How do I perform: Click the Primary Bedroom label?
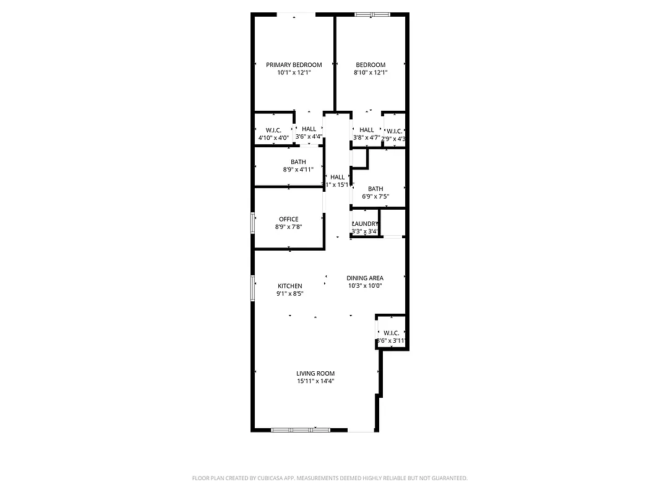(294, 65)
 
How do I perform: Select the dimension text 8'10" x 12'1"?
(371, 72)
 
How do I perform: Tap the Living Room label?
(315, 373)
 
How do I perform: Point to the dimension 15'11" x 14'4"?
(315, 381)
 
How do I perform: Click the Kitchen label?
(289, 286)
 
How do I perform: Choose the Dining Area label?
(365, 278)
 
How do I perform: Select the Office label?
(288, 219)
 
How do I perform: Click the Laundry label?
(365, 224)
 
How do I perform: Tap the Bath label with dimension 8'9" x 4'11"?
(298, 162)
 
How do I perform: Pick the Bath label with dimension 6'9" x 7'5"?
(375, 189)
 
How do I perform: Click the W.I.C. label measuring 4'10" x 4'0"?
(273, 130)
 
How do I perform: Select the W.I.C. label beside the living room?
(391, 333)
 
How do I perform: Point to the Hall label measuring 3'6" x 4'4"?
(309, 129)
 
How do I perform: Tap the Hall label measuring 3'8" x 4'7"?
(367, 130)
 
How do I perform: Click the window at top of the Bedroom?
(372, 14)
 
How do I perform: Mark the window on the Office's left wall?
(252, 223)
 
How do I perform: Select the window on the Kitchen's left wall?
(252, 288)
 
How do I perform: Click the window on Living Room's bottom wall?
(301, 429)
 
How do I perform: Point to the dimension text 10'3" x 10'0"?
(365, 286)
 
